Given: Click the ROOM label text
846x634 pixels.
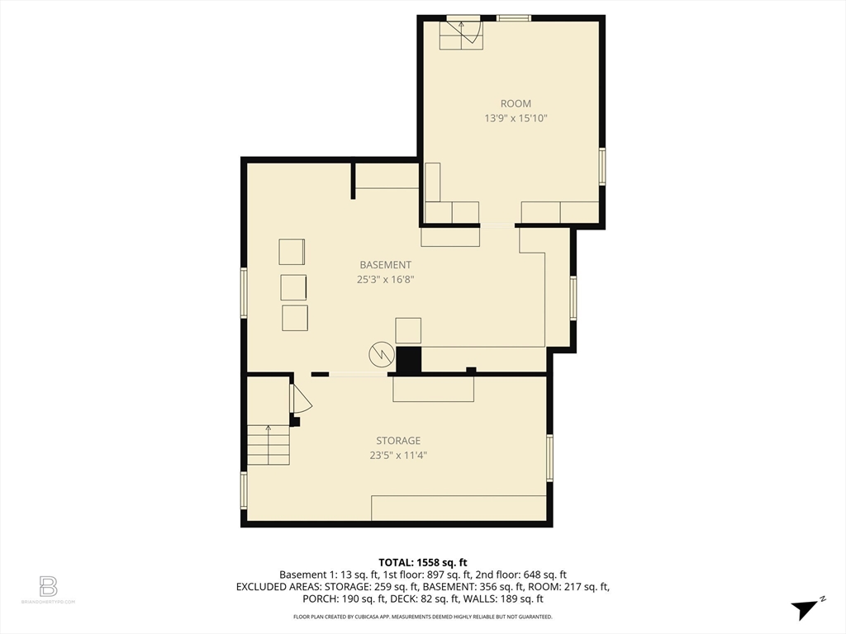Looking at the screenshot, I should (516, 104).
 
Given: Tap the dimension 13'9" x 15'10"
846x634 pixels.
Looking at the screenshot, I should (516, 119).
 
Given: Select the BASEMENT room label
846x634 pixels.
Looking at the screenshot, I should (385, 265).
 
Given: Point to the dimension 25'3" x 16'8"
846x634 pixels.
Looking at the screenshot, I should (385, 280).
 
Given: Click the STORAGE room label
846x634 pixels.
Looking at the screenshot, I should (398, 441).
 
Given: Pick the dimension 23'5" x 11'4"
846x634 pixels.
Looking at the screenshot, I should (398, 455).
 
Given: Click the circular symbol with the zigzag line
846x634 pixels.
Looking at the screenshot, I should (380, 354).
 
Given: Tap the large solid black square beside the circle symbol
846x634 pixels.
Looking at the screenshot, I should (408, 360).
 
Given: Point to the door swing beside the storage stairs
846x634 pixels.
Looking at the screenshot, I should (301, 398).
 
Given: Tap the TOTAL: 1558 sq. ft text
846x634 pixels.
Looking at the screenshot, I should (422, 561).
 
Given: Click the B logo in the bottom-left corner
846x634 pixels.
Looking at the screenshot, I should (49, 587).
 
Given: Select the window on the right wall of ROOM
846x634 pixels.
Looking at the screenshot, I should (602, 166).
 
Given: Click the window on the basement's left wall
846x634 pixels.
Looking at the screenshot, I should (243, 292).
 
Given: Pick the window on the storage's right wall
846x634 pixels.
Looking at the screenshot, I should (549, 457).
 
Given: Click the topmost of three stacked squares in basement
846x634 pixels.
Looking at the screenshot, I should (292, 251).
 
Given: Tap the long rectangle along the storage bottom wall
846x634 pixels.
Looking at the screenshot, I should (459, 508).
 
